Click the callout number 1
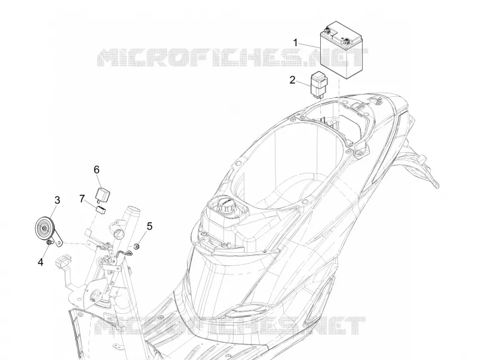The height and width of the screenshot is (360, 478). [295, 42]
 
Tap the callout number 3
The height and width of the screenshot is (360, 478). [57, 200]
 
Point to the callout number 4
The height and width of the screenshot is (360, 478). [41, 262]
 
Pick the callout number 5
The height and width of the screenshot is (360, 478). [149, 227]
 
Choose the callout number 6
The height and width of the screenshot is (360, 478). [97, 170]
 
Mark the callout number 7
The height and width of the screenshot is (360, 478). [82, 199]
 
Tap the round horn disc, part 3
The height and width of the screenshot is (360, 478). [44, 229]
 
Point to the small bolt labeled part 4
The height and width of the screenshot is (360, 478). [48, 243]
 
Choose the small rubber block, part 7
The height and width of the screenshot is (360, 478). [100, 209]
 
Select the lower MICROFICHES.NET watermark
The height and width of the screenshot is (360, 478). [230, 326]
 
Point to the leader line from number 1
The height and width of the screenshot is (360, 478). [309, 45]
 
